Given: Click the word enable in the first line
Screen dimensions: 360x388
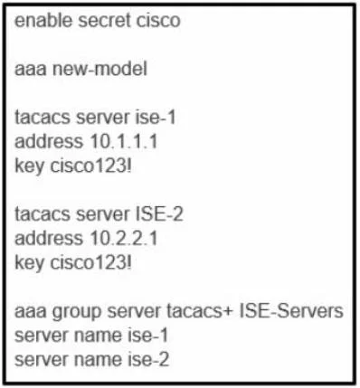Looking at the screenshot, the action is click(x=43, y=21).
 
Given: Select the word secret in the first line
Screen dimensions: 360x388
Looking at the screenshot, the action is click(x=104, y=21).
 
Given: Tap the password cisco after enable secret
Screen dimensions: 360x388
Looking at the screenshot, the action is click(x=158, y=21).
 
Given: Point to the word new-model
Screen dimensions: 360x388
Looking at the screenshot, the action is click(x=99, y=69).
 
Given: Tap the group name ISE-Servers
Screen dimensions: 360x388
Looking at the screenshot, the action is click(x=291, y=311).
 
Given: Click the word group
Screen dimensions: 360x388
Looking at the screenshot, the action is click(x=77, y=312).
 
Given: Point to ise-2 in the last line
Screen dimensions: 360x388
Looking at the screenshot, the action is click(x=148, y=360).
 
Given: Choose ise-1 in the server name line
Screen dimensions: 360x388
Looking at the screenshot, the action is click(x=147, y=336).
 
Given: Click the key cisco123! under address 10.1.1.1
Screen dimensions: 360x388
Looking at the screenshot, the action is click(x=90, y=166).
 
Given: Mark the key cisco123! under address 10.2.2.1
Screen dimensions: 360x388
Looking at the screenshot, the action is click(x=90, y=263).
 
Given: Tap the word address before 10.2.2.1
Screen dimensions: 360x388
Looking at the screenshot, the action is click(x=49, y=239).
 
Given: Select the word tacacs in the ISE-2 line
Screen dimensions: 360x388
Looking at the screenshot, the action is click(x=43, y=214).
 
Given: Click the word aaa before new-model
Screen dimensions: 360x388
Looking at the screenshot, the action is click(x=31, y=69).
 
